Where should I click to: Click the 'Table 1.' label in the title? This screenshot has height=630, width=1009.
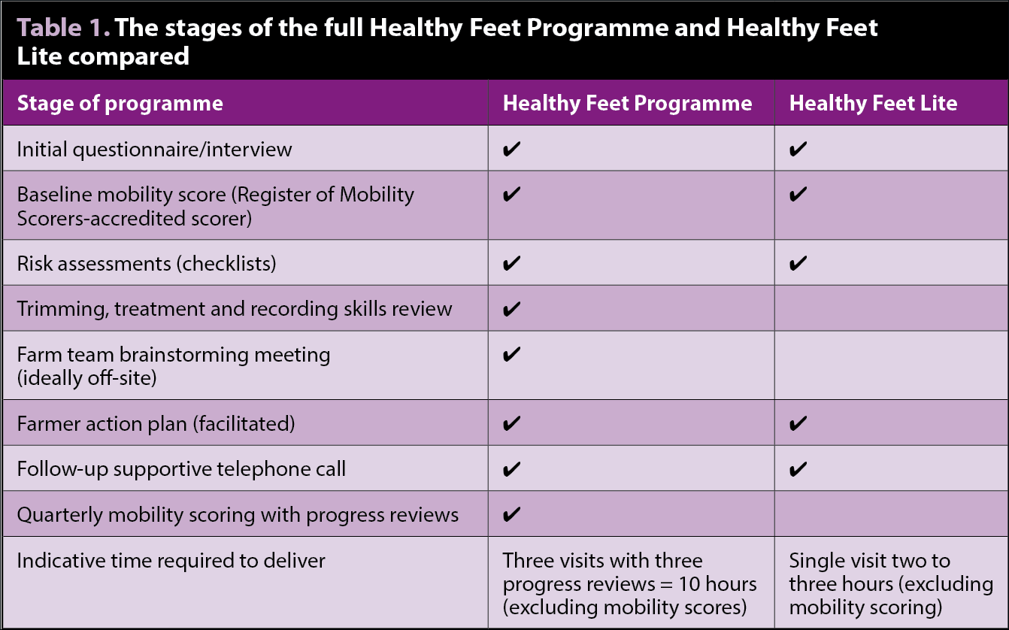coord(63,28)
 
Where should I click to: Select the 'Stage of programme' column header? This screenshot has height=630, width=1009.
coord(120,104)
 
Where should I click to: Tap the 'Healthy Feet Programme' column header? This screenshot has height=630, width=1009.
coord(628,104)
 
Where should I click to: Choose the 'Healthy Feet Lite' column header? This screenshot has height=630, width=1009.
coord(873,103)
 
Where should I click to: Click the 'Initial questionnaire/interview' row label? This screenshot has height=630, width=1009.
coord(154,150)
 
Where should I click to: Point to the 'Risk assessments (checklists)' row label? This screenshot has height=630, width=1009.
coord(147,263)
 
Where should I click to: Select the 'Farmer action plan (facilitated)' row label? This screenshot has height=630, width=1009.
coord(156,424)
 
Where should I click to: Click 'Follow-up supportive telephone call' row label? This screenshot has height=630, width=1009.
coord(181,469)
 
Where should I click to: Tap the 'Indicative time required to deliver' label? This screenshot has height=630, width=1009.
coord(171,561)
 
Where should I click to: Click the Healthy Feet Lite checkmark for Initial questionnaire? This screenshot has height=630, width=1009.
coord(798,149)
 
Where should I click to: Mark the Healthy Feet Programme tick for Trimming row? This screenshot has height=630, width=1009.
coord(511,309)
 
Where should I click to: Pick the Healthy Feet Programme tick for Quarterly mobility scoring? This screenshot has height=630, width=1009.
coord(511,513)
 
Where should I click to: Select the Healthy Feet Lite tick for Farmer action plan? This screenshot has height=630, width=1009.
coord(798,423)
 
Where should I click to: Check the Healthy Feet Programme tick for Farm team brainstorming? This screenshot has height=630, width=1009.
coord(511,354)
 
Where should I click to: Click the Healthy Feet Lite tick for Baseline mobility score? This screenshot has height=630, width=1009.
coord(798,195)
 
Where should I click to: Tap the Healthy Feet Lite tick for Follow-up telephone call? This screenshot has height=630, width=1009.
coord(798,469)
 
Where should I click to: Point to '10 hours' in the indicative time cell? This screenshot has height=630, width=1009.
coord(717,584)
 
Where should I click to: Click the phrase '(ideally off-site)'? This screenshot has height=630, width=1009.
coord(87,378)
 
